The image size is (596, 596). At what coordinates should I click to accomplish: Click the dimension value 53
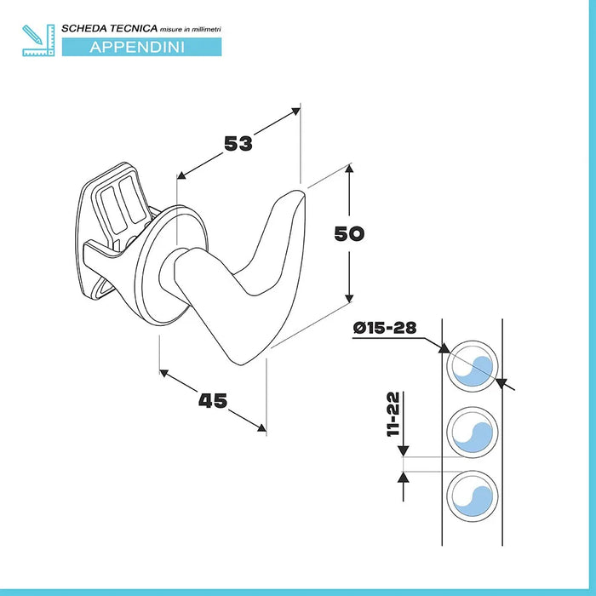tap(238, 143)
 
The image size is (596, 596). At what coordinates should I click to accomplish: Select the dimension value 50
tap(349, 234)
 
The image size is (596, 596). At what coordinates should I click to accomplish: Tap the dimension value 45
tap(213, 401)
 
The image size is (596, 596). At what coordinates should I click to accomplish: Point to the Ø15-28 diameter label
tap(385, 327)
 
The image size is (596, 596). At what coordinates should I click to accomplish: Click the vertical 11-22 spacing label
tap(393, 415)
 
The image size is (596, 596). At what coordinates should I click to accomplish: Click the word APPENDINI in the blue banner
tap(137, 47)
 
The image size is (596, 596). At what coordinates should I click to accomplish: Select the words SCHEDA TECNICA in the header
tap(110, 28)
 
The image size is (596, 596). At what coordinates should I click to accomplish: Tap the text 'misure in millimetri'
tap(191, 29)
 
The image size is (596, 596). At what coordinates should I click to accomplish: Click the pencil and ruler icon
tap(38, 40)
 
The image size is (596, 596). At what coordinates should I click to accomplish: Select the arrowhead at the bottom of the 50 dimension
tap(349, 298)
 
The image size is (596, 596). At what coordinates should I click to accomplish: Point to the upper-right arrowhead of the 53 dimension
tap(295, 111)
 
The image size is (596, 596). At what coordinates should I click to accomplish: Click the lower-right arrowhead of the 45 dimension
tap(262, 428)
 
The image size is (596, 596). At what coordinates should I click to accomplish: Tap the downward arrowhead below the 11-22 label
tap(403, 451)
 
